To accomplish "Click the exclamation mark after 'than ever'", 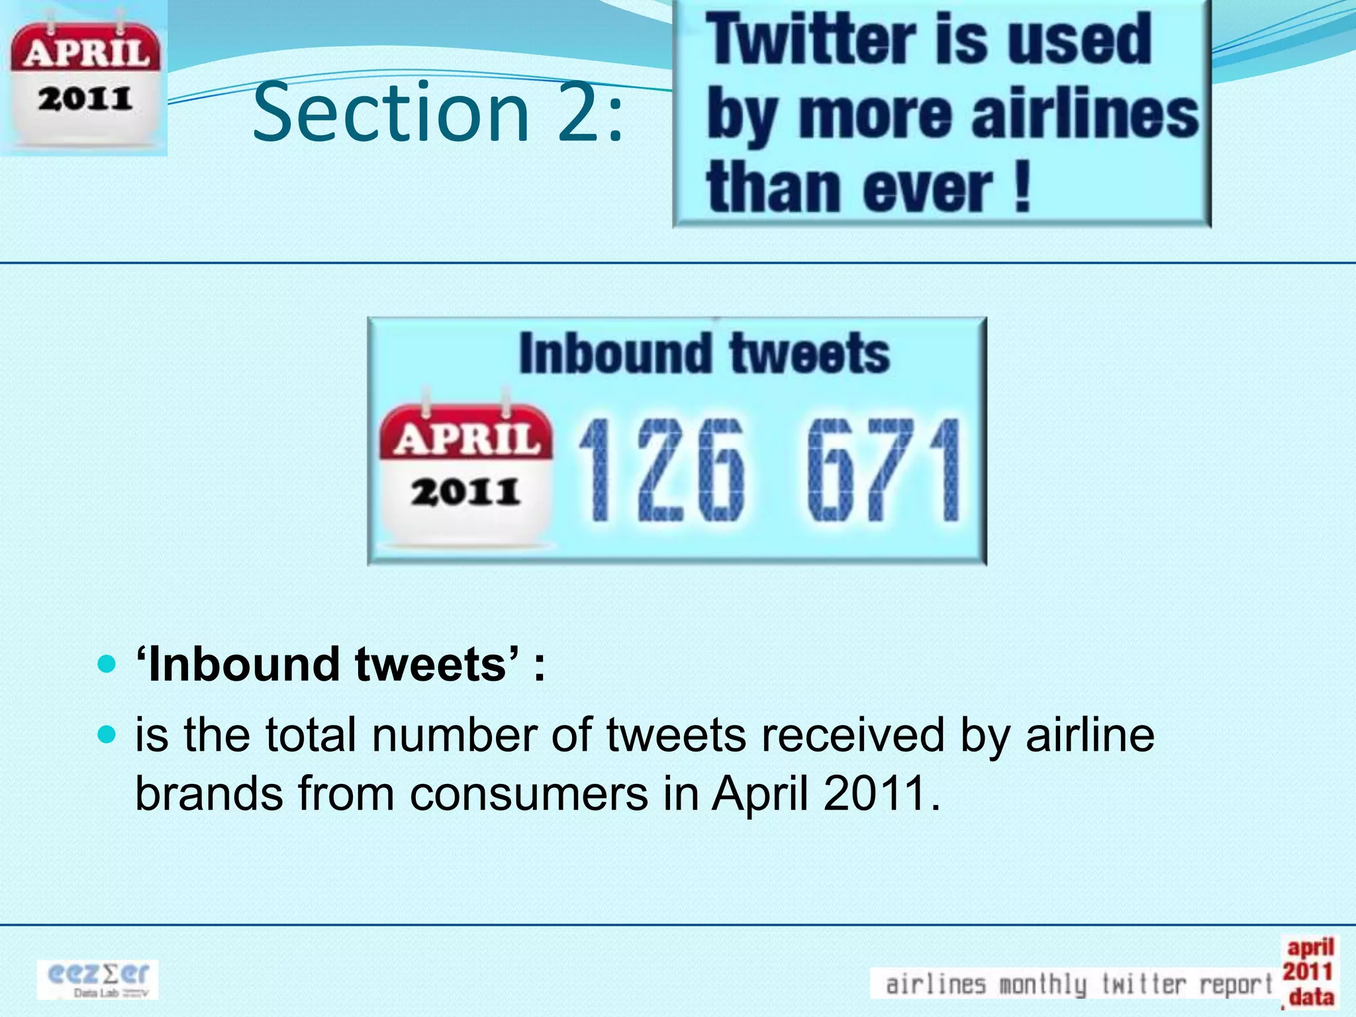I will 1022,189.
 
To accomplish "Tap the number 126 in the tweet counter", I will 662,470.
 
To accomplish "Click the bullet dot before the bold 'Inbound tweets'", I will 106,663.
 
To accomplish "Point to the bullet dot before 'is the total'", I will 106,734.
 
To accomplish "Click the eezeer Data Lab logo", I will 98,979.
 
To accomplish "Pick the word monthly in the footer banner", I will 1042,985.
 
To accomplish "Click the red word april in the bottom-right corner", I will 1310,947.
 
